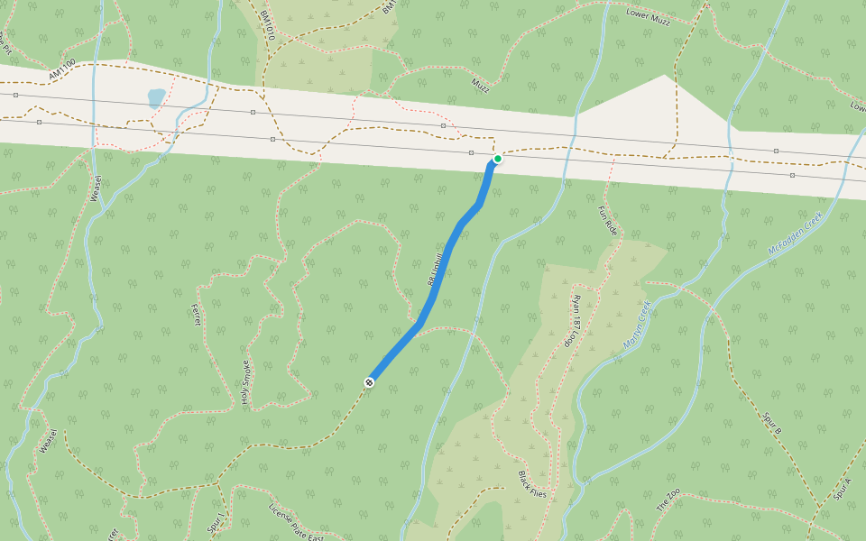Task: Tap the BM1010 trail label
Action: pyautogui.click(x=266, y=26)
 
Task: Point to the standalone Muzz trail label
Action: pyautogui.click(x=480, y=84)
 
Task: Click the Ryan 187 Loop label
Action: pyautogui.click(x=574, y=320)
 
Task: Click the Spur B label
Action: pyautogui.click(x=771, y=424)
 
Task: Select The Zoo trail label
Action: pyautogui.click(x=668, y=500)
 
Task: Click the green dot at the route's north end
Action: pyautogui.click(x=497, y=159)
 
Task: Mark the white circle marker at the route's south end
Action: pyautogui.click(x=369, y=382)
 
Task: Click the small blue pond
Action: pyautogui.click(x=156, y=97)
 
